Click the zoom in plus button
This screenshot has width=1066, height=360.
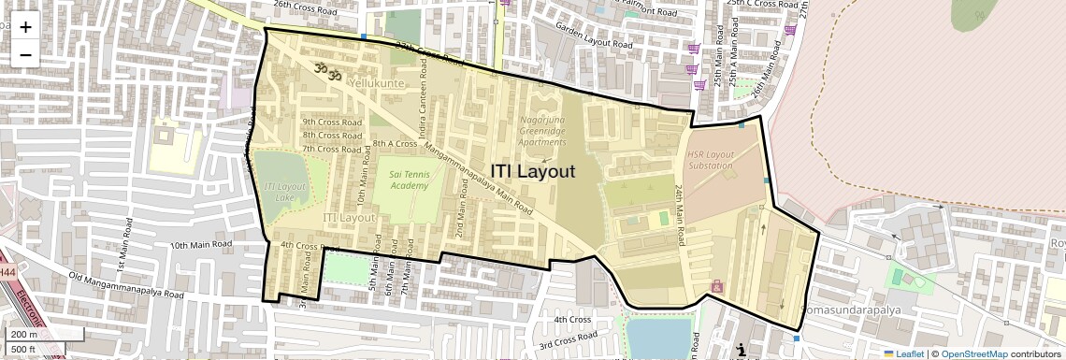point(25,26)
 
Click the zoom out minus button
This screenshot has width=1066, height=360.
point(25,54)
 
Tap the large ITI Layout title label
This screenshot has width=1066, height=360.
point(533,171)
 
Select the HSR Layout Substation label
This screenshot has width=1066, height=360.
point(710,160)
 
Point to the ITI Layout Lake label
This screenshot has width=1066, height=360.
point(286,192)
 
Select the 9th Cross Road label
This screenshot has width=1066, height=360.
point(331,122)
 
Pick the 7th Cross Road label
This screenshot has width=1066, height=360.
point(331,149)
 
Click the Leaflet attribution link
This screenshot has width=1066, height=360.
point(903,353)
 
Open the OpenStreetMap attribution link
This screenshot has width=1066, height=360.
point(973,353)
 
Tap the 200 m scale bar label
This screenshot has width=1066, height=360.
point(25,335)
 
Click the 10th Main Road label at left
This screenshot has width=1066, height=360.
point(200,244)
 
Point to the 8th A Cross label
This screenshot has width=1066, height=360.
point(395,144)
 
